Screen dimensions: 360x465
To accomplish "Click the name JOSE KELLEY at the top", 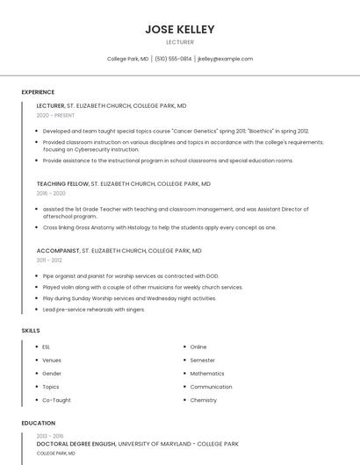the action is click(180, 29).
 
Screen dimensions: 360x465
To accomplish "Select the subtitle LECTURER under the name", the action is click(180, 42).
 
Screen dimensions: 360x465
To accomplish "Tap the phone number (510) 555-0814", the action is click(173, 59).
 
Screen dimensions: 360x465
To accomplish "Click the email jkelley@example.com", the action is click(226, 59).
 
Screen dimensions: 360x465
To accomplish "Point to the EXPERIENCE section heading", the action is click(38, 92).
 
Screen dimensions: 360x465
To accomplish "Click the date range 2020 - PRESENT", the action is click(55, 115).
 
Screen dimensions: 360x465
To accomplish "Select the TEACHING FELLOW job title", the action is click(62, 184).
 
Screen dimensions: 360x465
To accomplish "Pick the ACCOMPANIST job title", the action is click(58, 251).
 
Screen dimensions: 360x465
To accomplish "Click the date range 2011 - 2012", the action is click(49, 261).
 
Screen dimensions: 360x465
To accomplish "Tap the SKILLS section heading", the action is click(31, 331).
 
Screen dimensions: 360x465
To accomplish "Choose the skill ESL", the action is click(47, 347).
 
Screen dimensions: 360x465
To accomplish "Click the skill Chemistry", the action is click(203, 400).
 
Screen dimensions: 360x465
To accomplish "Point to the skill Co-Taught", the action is click(56, 400).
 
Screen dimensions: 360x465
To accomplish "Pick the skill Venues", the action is click(52, 361).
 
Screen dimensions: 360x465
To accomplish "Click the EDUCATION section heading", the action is click(38, 423).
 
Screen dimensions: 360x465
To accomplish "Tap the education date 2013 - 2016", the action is click(50, 436).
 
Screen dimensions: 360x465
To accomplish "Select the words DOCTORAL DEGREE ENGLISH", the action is click(76, 444).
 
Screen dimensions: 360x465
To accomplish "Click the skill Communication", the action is click(211, 387).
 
